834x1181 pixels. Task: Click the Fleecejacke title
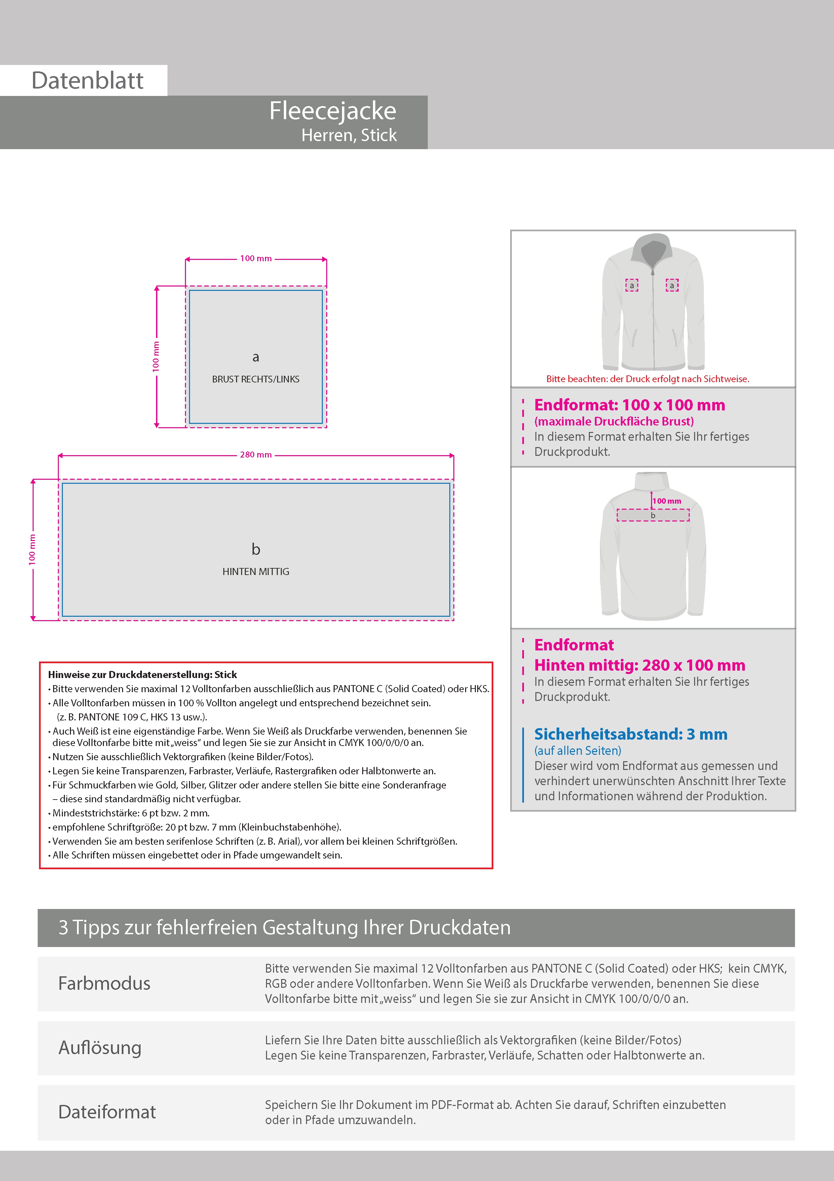pos(333,110)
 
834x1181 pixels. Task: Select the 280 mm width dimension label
pos(255,455)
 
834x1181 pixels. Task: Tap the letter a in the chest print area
pos(255,357)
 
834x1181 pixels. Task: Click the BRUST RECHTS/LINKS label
pos(255,379)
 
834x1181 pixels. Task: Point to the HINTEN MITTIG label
pos(255,571)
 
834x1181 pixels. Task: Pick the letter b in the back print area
pos(255,549)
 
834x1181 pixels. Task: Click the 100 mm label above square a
pos(255,258)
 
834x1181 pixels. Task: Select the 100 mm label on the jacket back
pos(667,501)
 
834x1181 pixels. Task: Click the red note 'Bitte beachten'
pos(647,379)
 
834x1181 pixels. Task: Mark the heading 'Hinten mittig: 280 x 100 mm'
pos(639,665)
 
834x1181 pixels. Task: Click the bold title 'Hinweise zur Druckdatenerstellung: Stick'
pos(142,674)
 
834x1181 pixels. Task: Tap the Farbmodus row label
pos(104,983)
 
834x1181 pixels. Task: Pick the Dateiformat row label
pos(107,1112)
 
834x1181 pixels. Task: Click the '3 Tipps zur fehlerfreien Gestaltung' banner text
pos(284,927)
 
